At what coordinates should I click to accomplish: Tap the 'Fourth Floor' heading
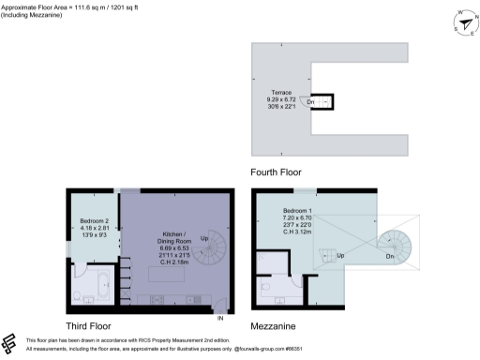click(276, 172)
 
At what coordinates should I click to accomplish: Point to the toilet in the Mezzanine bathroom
click(266, 287)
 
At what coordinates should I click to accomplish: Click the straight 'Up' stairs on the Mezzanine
click(328, 253)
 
